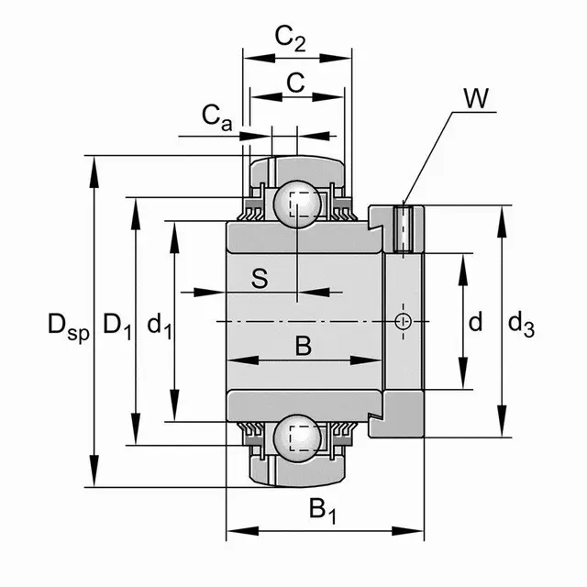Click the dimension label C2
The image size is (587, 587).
[291, 39]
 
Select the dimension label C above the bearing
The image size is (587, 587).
[295, 83]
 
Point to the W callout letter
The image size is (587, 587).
[475, 99]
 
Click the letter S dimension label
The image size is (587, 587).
[260, 278]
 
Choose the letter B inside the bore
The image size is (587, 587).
[304, 346]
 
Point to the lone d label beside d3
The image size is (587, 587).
[474, 322]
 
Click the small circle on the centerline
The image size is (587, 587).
[402, 320]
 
